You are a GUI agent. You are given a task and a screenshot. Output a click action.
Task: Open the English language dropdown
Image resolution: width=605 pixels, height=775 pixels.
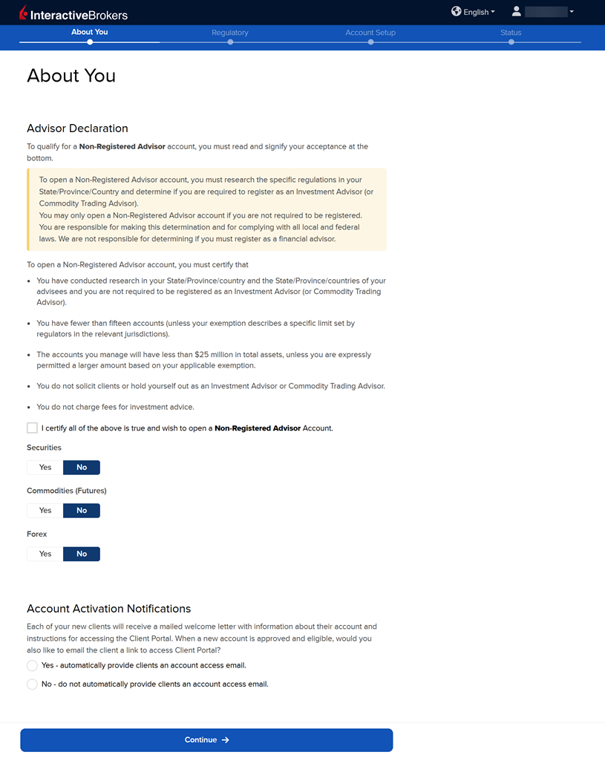click(473, 12)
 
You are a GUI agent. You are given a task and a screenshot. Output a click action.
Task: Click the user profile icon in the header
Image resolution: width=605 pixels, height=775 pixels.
click(517, 11)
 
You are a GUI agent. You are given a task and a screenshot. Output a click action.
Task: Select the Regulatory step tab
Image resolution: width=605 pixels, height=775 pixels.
click(230, 33)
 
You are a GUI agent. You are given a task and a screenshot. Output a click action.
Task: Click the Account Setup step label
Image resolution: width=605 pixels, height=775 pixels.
click(370, 33)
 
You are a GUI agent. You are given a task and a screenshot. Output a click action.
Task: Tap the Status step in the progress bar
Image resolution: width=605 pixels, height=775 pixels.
click(511, 33)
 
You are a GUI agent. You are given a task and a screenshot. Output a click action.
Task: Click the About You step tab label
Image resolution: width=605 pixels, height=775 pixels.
click(90, 32)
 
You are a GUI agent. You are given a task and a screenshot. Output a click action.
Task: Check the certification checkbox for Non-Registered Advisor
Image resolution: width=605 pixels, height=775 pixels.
click(32, 428)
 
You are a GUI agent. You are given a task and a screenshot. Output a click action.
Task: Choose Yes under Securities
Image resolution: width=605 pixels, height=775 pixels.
click(45, 468)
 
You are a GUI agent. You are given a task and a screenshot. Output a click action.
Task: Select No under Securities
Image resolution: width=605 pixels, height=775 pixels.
click(82, 468)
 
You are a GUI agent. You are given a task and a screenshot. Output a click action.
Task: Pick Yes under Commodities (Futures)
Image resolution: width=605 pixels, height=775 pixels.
click(45, 511)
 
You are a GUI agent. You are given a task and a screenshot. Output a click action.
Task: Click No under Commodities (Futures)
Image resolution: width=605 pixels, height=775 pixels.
click(82, 511)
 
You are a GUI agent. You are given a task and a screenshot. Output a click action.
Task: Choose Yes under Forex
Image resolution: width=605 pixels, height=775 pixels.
click(45, 554)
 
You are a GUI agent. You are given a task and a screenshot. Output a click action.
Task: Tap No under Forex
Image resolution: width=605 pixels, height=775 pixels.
click(82, 554)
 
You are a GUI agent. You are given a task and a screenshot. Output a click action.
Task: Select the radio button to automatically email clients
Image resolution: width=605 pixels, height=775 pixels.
click(32, 666)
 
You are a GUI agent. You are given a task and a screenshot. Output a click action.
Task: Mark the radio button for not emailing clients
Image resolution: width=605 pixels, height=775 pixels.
click(32, 684)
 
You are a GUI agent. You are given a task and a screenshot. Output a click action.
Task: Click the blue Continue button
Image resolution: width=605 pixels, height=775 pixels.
click(206, 740)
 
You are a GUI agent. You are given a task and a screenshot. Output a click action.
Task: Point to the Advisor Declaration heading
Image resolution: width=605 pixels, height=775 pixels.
click(77, 128)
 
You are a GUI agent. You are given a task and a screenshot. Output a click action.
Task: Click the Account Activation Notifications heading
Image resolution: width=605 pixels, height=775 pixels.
click(109, 609)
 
